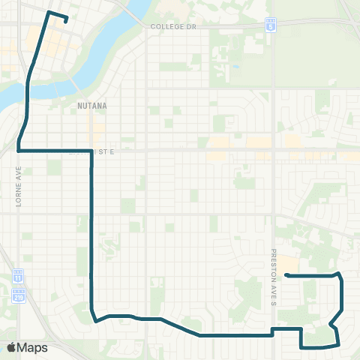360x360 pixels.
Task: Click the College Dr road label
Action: (172, 26)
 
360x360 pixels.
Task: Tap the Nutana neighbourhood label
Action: (92, 106)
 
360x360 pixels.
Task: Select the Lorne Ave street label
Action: (19, 184)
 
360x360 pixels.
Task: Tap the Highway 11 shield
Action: (19, 277)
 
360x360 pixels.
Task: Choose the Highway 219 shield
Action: (19, 293)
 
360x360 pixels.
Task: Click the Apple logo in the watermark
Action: (12, 347)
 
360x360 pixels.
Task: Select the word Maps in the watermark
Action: (32, 347)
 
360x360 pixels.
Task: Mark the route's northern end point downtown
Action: (67, 21)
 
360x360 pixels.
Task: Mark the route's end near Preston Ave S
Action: (287, 276)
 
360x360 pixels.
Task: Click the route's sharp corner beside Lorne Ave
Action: (18, 151)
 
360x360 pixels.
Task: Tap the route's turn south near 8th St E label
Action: (91, 151)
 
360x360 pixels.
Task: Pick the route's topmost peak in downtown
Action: (49, 13)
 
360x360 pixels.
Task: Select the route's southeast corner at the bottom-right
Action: (338, 345)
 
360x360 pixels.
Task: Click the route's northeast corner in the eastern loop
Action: (340, 274)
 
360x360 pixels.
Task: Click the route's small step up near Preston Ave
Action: (272, 330)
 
